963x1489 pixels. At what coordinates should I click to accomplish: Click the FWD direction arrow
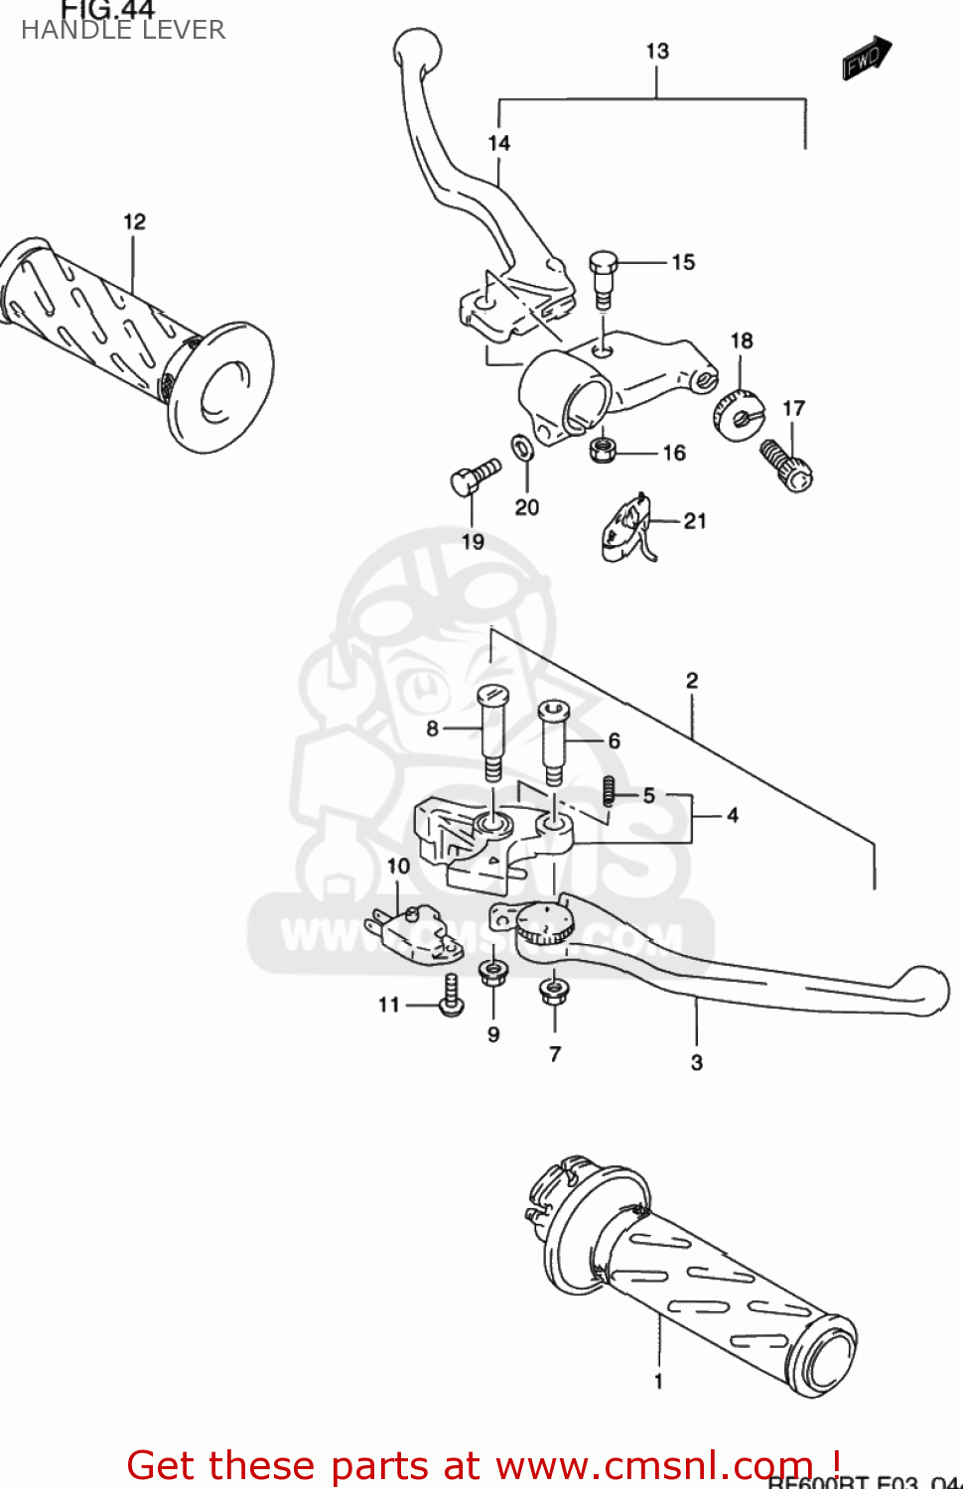867,58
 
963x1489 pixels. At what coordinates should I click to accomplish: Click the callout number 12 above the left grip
134,221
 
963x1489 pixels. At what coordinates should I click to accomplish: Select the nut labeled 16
602,449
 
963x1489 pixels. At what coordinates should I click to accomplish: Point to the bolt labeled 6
553,741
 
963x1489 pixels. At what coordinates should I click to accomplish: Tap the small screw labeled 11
452,996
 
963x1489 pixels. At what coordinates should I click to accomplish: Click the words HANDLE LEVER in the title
123,30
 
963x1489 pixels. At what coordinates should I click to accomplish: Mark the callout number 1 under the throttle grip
658,1381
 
